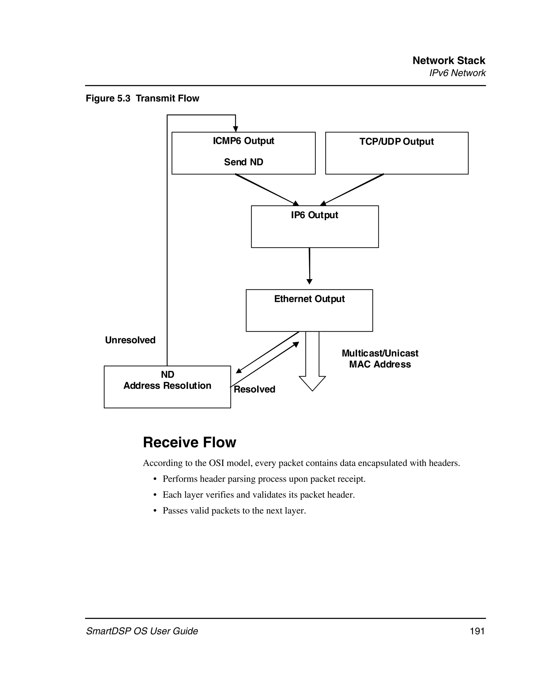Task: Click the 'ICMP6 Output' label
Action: pyautogui.click(x=243, y=141)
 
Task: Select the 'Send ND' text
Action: pyautogui.click(x=243, y=162)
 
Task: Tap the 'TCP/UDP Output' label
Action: pyautogui.click(x=397, y=142)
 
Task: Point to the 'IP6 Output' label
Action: pyautogui.click(x=314, y=215)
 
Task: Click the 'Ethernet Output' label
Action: pyautogui.click(x=309, y=299)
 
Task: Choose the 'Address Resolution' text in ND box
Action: pyautogui.click(x=167, y=386)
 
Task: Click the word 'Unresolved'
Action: pyautogui.click(x=130, y=340)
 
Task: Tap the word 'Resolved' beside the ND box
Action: pyautogui.click(x=255, y=389)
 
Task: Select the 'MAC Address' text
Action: pyautogui.click(x=380, y=364)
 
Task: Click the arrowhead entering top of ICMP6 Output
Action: pyautogui.click(x=236, y=129)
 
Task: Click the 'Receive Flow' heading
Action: pyautogui.click(x=189, y=443)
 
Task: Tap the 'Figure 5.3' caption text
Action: pyautogui.click(x=108, y=99)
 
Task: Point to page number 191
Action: pyautogui.click(x=477, y=631)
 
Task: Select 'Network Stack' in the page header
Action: pyautogui.click(x=449, y=61)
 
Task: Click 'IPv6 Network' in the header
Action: pyautogui.click(x=457, y=73)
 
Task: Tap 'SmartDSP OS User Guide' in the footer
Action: pyautogui.click(x=142, y=631)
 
